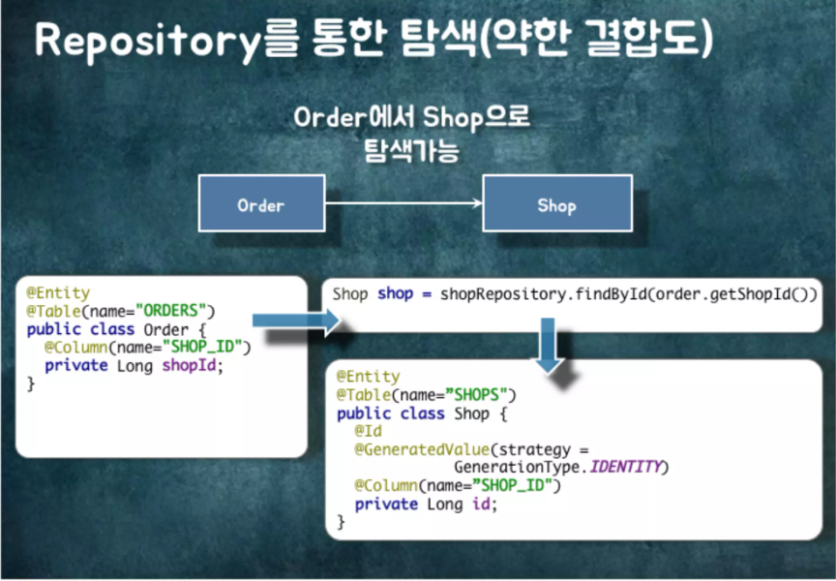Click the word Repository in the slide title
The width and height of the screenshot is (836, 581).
(x=141, y=42)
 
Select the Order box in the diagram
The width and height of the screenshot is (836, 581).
(x=260, y=205)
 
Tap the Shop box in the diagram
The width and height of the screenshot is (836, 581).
(x=556, y=205)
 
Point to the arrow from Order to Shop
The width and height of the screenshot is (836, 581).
(x=403, y=202)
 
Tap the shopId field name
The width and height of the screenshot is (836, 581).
(x=192, y=365)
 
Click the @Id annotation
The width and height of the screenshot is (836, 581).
(x=367, y=431)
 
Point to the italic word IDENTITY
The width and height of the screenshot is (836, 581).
(x=626, y=468)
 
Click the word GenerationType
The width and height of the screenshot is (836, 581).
(x=522, y=468)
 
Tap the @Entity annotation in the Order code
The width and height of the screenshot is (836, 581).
(x=58, y=292)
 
